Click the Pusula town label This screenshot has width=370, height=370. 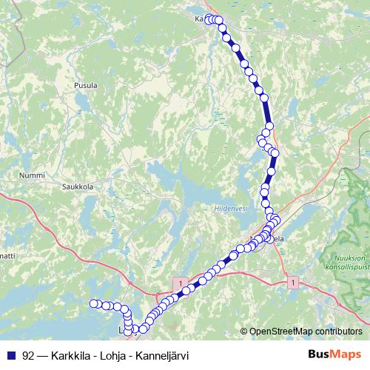click(x=86, y=86)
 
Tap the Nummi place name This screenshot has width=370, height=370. click(x=31, y=175)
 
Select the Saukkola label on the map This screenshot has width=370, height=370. click(x=77, y=187)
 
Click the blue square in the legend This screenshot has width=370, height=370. click(x=11, y=355)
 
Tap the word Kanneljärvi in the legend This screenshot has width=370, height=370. click(x=163, y=355)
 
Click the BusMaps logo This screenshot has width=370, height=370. click(x=334, y=354)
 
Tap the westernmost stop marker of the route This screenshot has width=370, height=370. click(x=94, y=303)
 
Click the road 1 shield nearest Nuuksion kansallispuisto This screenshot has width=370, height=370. click(x=294, y=282)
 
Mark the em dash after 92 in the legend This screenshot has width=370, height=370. click(x=43, y=355)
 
